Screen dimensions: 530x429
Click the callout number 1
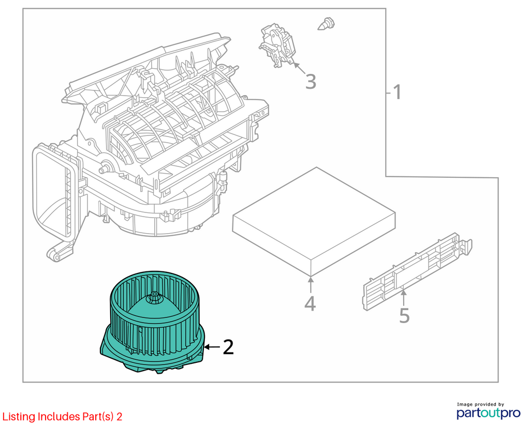point(397,92)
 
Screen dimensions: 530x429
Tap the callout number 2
point(228,347)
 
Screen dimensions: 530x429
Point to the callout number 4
point(310,303)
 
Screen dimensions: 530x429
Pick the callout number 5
point(404,315)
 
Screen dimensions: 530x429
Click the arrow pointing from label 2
point(212,347)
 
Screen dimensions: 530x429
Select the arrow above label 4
point(311,285)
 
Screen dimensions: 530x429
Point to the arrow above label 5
point(404,297)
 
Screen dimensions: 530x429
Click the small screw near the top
point(327,24)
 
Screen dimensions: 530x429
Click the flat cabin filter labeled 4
point(314,221)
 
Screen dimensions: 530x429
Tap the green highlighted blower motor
point(153,322)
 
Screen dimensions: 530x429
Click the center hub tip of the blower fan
point(154,294)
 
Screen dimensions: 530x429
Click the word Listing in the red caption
point(19,417)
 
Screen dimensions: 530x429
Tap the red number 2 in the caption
point(119,417)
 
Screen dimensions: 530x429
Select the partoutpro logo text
point(489,413)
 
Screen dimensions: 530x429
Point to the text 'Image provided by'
point(480,404)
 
